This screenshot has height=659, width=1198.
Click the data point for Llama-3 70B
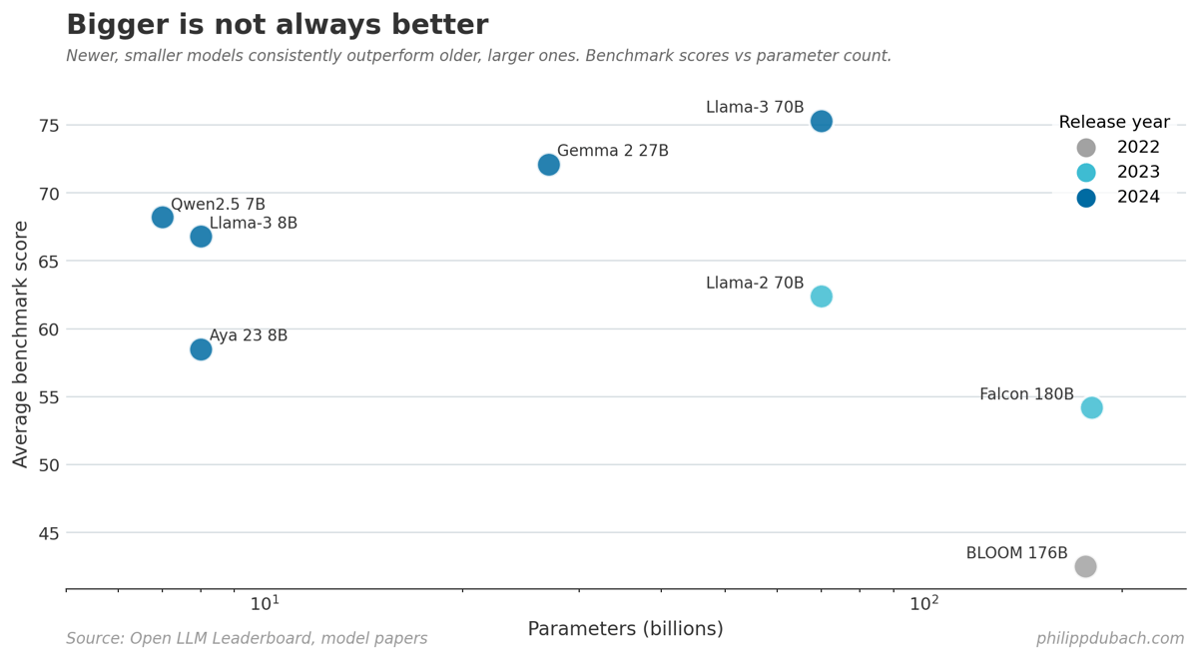821,121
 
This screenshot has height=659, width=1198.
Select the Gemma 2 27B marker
548,165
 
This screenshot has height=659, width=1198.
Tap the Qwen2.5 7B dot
163,217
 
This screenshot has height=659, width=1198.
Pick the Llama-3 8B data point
201,237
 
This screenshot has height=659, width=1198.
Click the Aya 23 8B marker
201,349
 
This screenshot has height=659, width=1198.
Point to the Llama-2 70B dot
821,297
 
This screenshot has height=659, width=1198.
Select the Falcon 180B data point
1091,407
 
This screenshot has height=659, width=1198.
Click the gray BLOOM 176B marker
1085,566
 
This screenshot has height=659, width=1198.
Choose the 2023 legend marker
1086,173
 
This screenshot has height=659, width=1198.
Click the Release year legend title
1114,123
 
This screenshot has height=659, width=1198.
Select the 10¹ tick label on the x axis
265,604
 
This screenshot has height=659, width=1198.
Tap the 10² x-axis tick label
924,604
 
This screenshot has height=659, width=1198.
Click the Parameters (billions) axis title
625,629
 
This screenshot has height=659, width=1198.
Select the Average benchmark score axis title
21,343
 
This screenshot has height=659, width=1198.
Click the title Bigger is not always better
277,25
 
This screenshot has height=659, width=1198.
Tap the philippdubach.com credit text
1109,639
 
